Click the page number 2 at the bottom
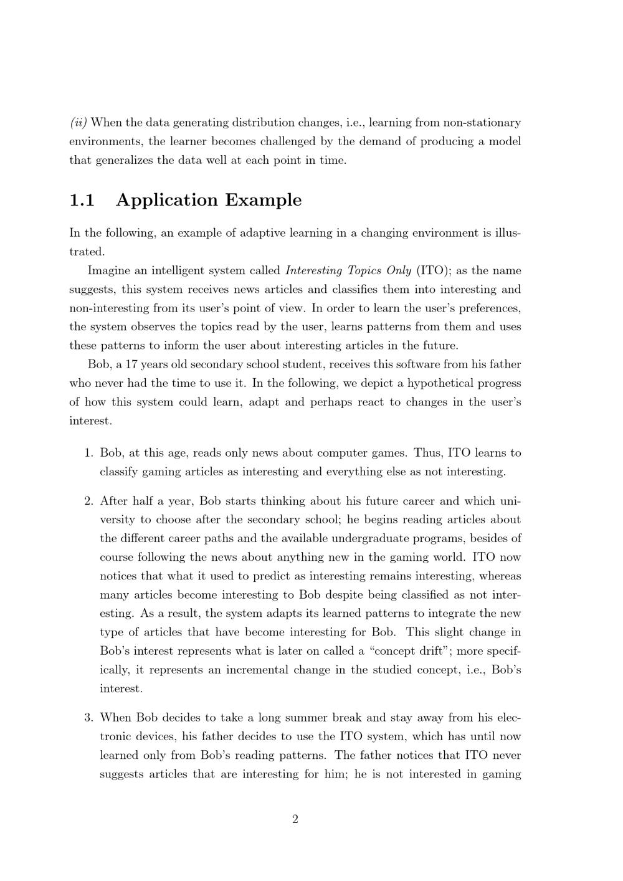(x=295, y=819)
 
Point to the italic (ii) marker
(x=78, y=122)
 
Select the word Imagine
(x=110, y=271)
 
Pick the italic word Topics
(x=365, y=271)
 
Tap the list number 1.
(x=88, y=453)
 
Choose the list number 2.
(x=88, y=501)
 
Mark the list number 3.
(x=88, y=718)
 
